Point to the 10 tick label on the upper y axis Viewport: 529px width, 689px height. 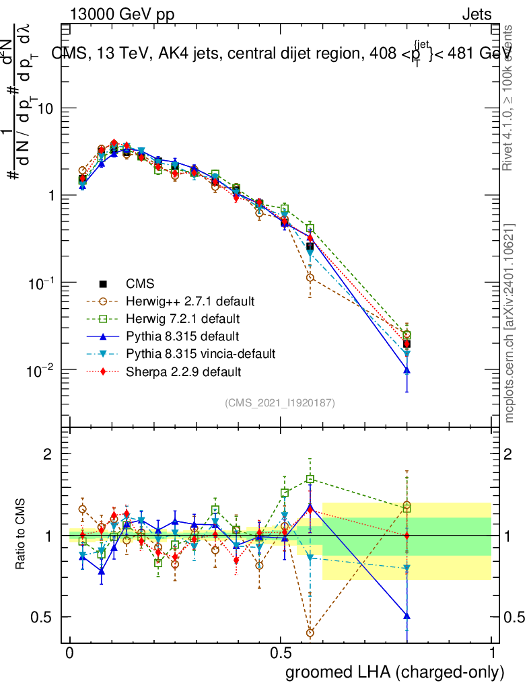click(45, 108)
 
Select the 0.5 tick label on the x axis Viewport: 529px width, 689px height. click(281, 653)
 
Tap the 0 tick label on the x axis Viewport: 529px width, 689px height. click(70, 653)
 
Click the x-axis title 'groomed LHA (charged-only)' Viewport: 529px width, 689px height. click(395, 672)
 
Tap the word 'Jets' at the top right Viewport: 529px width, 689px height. click(476, 14)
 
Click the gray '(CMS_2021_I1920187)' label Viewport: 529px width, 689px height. click(280, 402)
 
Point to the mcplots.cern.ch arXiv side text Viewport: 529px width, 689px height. click(509, 323)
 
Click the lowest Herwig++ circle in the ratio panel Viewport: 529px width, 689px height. click(310, 633)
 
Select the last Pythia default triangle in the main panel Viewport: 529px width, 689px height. click(407, 370)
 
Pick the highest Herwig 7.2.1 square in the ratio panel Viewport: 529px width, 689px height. click(310, 479)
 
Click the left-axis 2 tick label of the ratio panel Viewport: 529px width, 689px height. click(48, 454)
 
